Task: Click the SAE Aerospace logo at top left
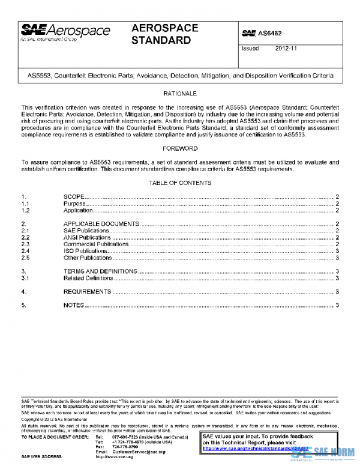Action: tap(66, 32)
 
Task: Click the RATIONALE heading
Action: tap(180, 94)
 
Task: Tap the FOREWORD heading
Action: tap(180, 148)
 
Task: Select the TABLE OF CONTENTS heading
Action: tap(180, 183)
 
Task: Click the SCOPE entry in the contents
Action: tap(74, 197)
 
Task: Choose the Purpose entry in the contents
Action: tap(74, 204)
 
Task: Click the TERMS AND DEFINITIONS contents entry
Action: tap(100, 271)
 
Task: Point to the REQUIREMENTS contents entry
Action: tap(87, 292)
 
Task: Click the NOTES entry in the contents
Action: tap(73, 306)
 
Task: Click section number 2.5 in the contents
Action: tap(25, 258)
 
